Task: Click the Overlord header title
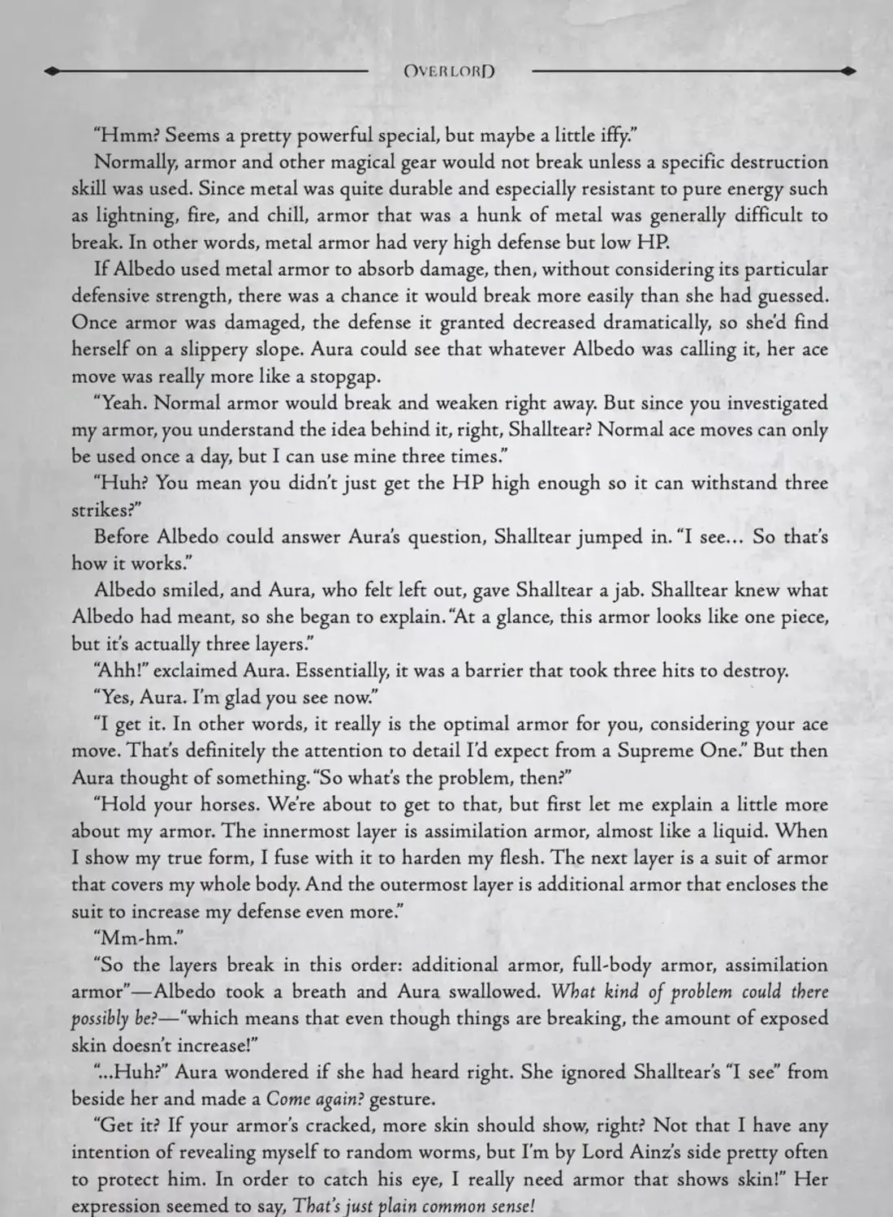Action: pos(449,71)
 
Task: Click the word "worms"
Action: pos(494,1153)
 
